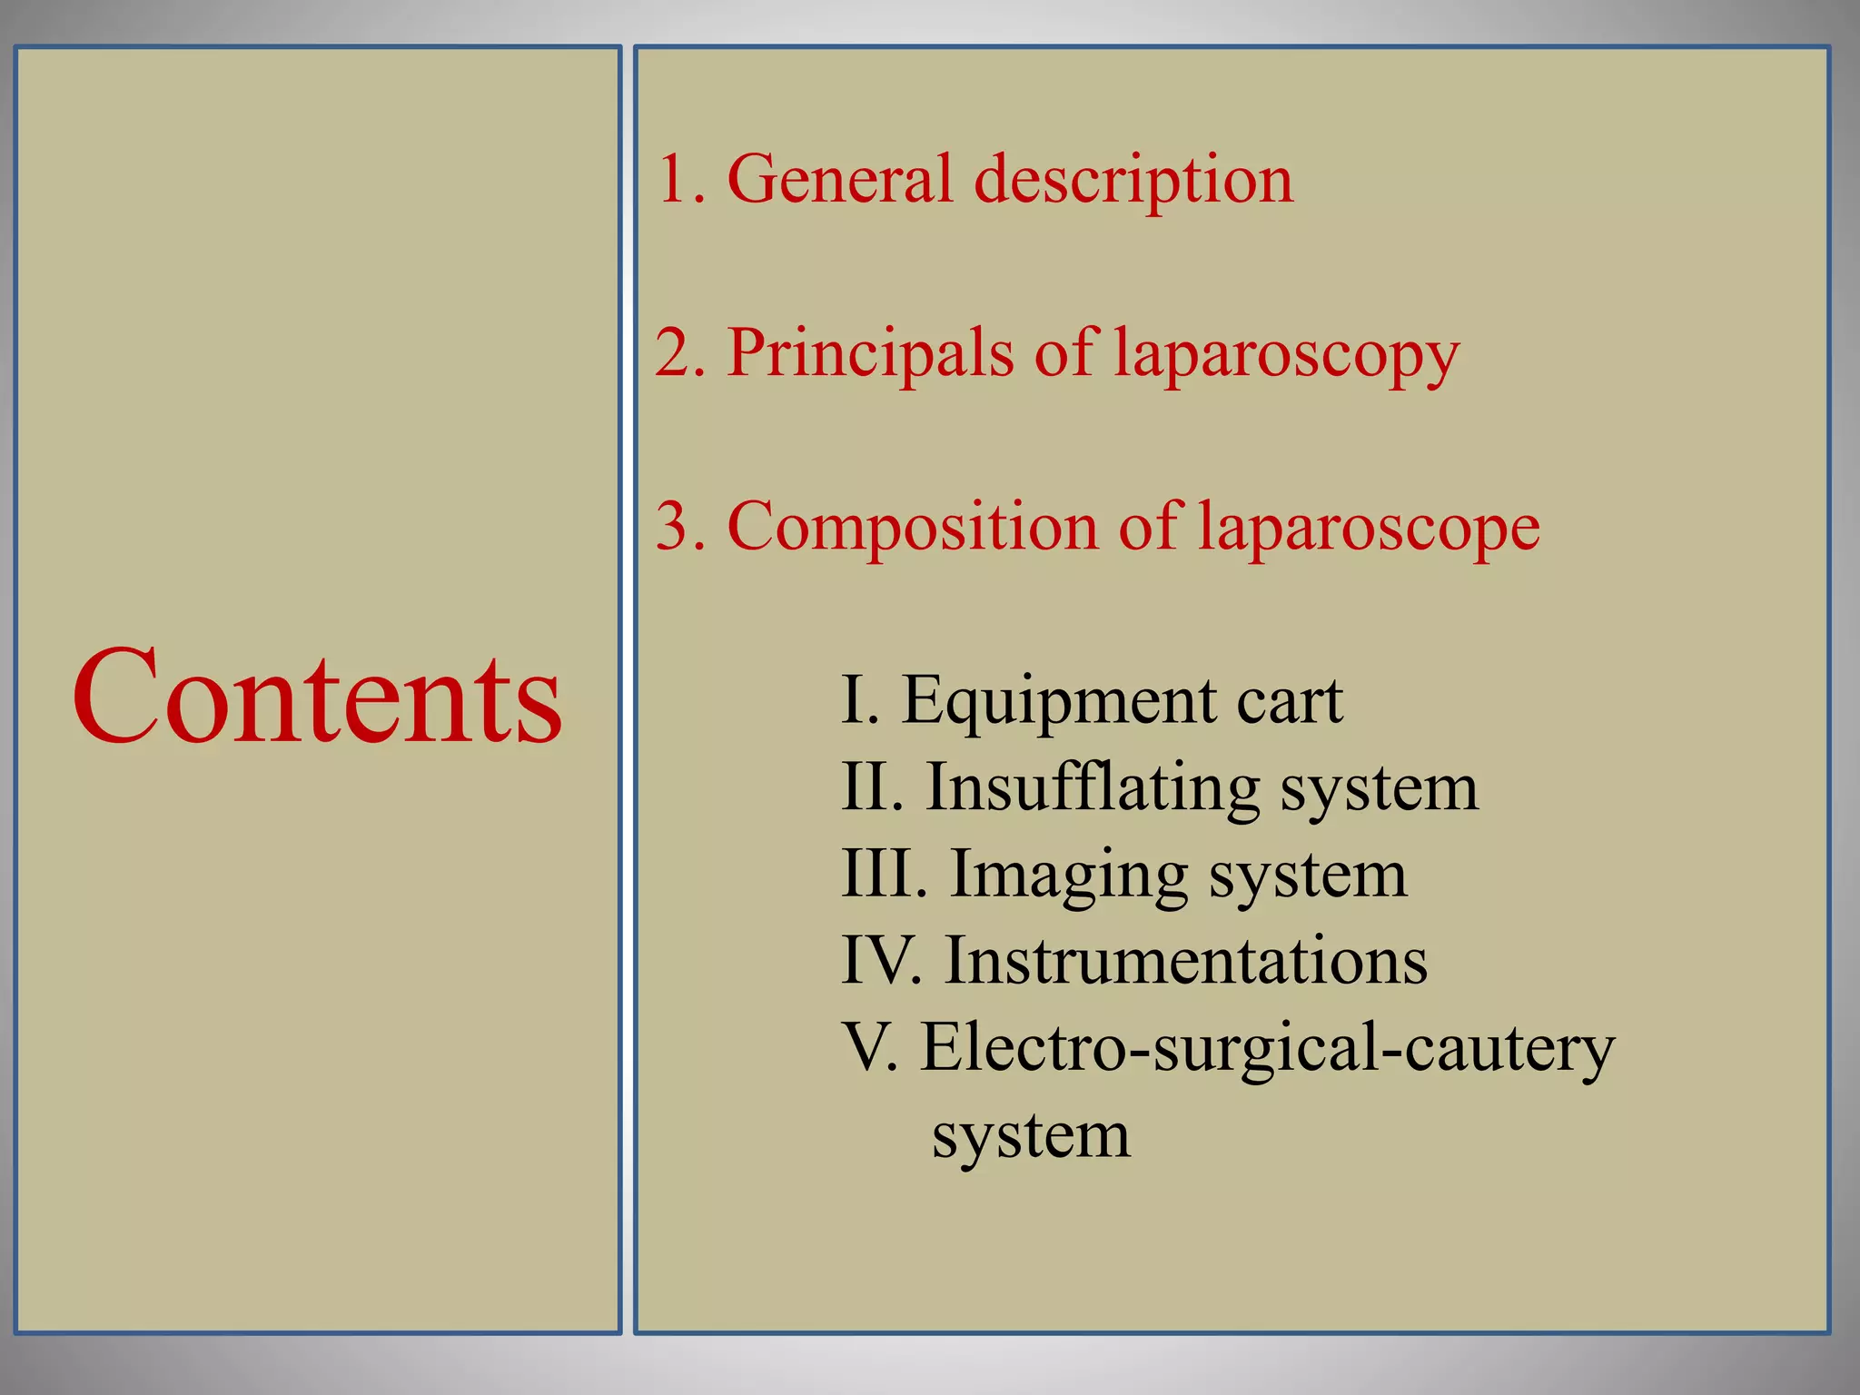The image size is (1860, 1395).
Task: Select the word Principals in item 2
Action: (870, 353)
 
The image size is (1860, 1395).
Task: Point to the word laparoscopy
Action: (1287, 355)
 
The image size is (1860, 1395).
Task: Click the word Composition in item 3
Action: (913, 528)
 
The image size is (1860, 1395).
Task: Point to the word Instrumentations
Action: (1186, 961)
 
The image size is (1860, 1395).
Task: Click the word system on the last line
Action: (1032, 1136)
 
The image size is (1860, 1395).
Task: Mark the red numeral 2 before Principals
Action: (674, 353)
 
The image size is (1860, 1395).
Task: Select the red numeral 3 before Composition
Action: (674, 528)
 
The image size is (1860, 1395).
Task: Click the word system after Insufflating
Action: (1380, 789)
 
